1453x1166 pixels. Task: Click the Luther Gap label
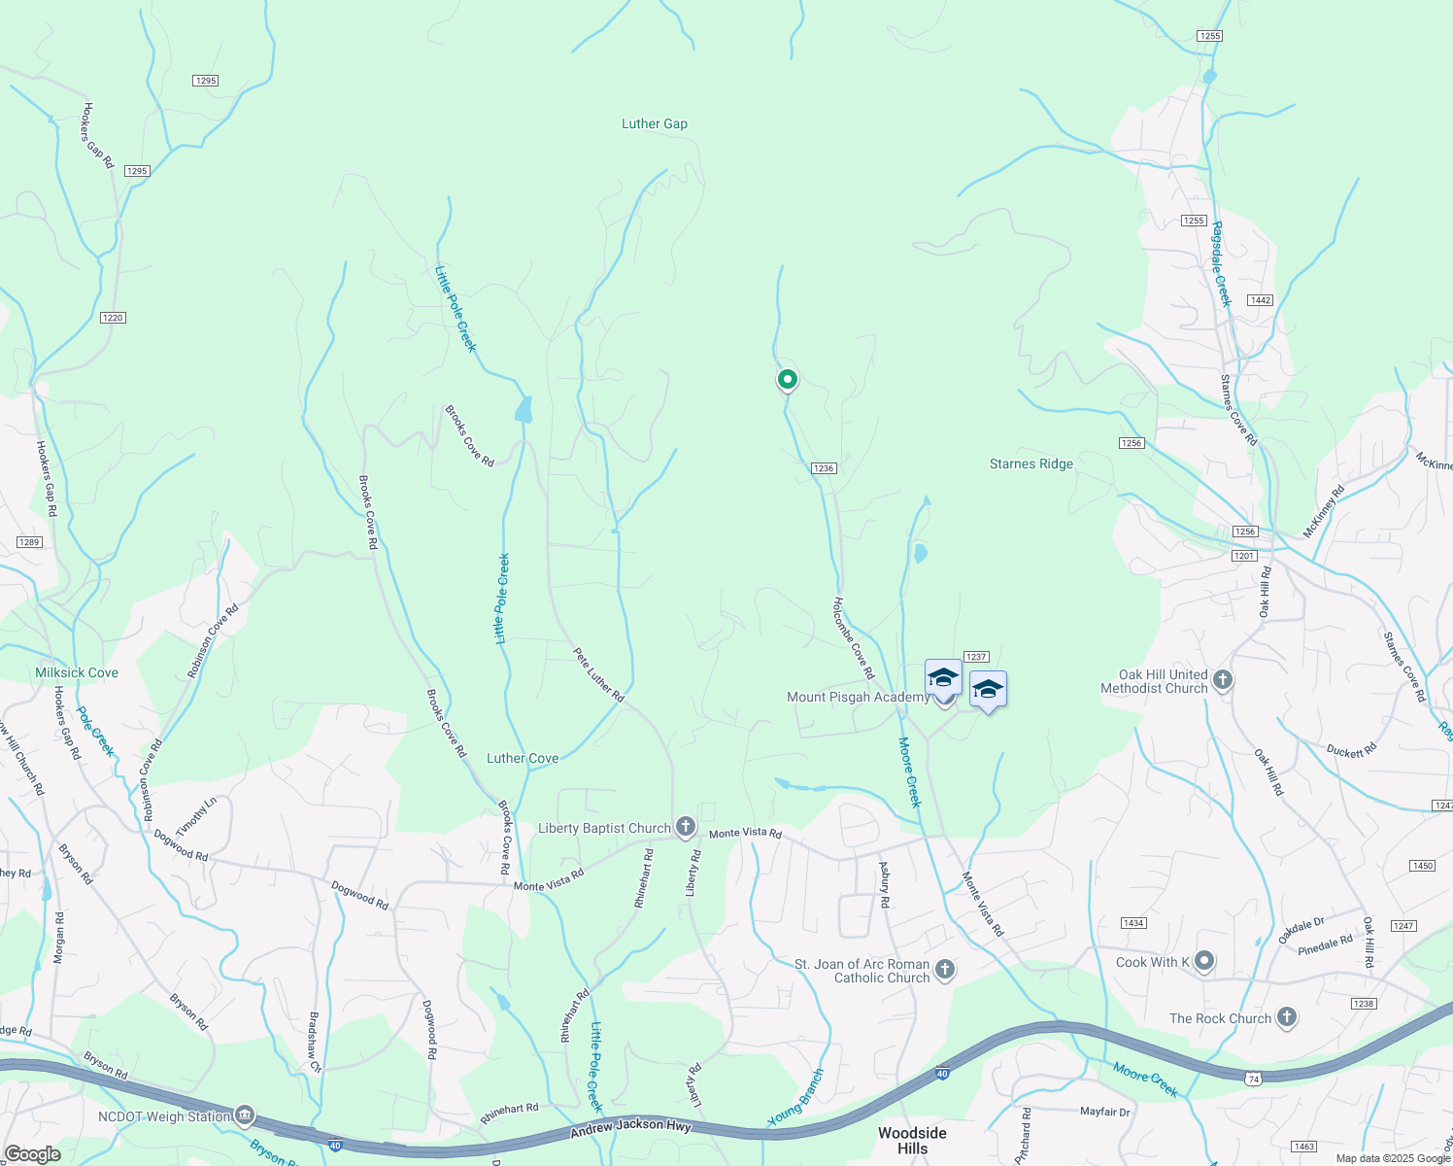(654, 124)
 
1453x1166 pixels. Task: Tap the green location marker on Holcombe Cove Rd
(787, 380)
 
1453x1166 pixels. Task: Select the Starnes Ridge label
(1031, 464)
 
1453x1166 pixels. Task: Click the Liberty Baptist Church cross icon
(686, 827)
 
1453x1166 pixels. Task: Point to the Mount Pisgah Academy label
(858, 697)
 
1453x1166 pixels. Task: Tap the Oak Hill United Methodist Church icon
(1223, 680)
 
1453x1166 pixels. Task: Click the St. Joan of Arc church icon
(945, 970)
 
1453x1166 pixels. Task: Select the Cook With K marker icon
(1204, 962)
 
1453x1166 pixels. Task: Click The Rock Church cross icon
(1287, 1018)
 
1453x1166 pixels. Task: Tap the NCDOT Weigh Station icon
(245, 1114)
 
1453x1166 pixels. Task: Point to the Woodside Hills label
(912, 1141)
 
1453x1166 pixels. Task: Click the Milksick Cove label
(77, 672)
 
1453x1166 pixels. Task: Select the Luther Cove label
(523, 758)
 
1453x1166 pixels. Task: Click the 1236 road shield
(824, 468)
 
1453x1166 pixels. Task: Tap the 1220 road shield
(113, 318)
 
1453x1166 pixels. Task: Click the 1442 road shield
(1261, 300)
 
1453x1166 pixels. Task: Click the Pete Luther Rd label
(598, 675)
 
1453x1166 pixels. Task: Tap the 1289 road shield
(29, 542)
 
